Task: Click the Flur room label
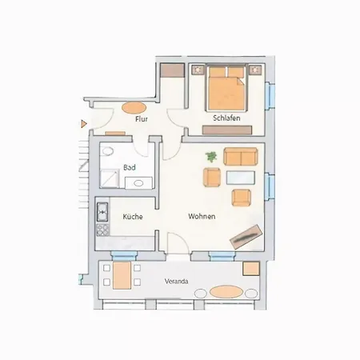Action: [142, 119]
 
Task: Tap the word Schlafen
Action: [226, 118]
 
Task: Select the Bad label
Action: [130, 167]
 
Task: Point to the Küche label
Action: [133, 216]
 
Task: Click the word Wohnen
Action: [202, 216]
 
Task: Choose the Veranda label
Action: [176, 282]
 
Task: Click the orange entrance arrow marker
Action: [84, 124]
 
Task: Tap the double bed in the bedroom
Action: [226, 88]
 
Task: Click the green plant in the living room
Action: [211, 157]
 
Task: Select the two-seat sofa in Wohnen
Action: [241, 157]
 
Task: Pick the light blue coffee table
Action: [241, 178]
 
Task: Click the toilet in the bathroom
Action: [107, 151]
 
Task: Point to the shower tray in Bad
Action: [109, 178]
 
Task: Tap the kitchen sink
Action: [102, 212]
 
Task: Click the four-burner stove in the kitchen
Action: [103, 230]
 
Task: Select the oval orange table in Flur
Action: [134, 108]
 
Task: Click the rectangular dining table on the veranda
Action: [122, 275]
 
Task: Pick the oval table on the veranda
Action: [226, 292]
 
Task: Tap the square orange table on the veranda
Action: [251, 269]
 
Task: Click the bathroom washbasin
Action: [138, 183]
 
